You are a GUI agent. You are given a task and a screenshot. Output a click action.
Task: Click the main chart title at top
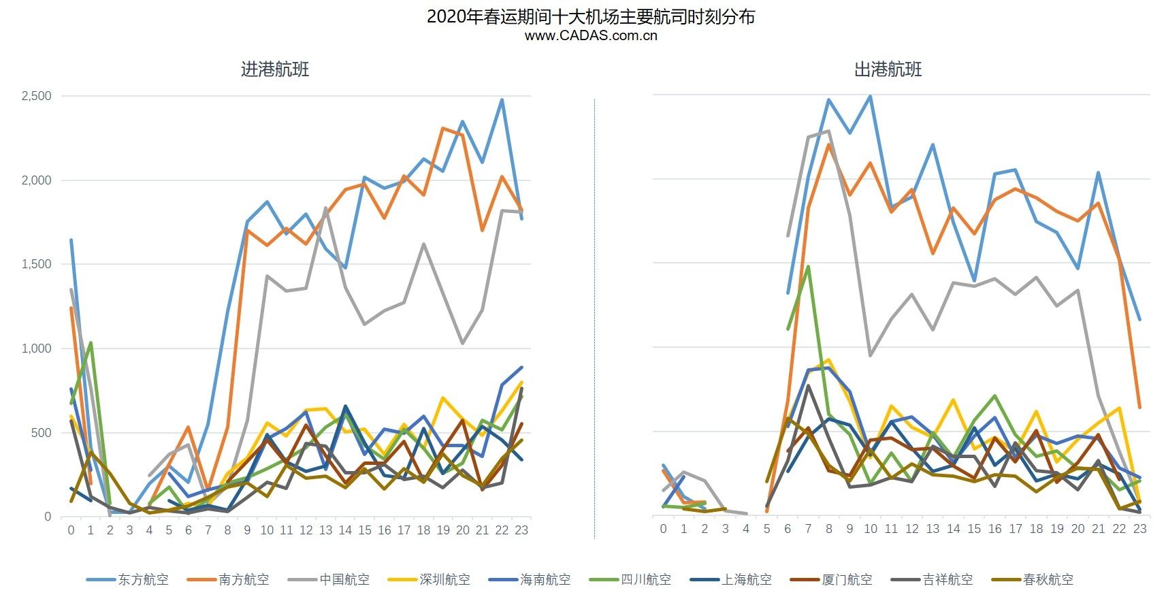(x=590, y=16)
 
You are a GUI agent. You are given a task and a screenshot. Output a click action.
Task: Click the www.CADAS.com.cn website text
(x=590, y=36)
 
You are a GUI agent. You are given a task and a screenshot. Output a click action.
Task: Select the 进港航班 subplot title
(x=275, y=69)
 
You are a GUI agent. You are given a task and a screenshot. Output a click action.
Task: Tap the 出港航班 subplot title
(x=888, y=69)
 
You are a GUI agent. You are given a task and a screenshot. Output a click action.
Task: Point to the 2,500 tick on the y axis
(x=37, y=96)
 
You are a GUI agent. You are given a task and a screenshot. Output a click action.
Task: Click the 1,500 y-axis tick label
(x=37, y=264)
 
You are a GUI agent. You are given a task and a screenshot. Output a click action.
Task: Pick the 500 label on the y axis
(x=43, y=432)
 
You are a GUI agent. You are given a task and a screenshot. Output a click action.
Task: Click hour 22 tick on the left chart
(x=502, y=530)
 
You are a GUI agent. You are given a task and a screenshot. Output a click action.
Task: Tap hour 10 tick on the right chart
(x=871, y=529)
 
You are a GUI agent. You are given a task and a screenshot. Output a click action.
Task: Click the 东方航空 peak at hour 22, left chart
(x=502, y=100)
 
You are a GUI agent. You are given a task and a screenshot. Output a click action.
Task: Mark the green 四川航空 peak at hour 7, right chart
(x=808, y=266)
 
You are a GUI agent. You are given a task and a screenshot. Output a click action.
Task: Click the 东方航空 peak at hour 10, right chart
(x=871, y=97)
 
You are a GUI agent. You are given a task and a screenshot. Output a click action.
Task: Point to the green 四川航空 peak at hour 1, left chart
(x=91, y=343)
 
